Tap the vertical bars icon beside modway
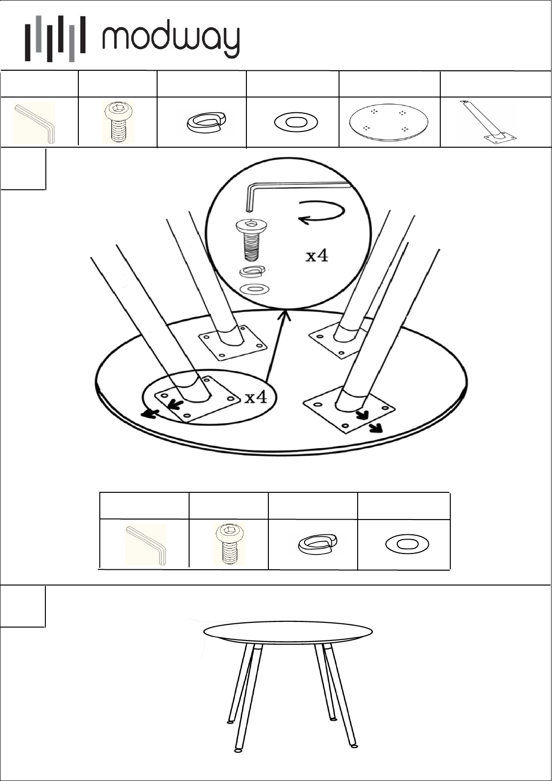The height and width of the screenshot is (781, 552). point(55,39)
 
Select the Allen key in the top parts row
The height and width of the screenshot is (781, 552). point(34,123)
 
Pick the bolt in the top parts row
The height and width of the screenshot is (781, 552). point(118,122)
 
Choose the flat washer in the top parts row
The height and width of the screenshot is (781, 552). point(296,122)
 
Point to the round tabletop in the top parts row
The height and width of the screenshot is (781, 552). point(389,122)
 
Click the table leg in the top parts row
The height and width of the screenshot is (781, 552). point(488,122)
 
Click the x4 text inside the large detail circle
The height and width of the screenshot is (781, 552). point(317,256)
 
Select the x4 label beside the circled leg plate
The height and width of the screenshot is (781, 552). point(256,397)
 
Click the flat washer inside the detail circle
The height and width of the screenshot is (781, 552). point(254,289)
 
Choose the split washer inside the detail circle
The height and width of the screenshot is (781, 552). point(252,271)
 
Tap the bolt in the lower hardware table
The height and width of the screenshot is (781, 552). point(230,543)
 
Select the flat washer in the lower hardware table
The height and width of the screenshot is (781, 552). point(407,544)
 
